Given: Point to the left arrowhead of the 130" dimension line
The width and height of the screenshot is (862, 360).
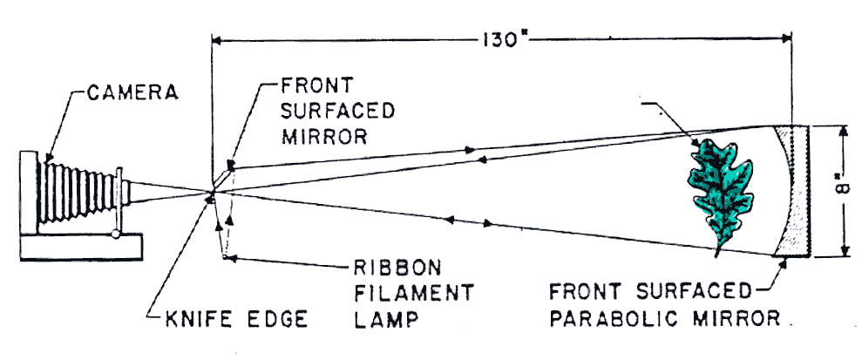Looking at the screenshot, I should [218, 39].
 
